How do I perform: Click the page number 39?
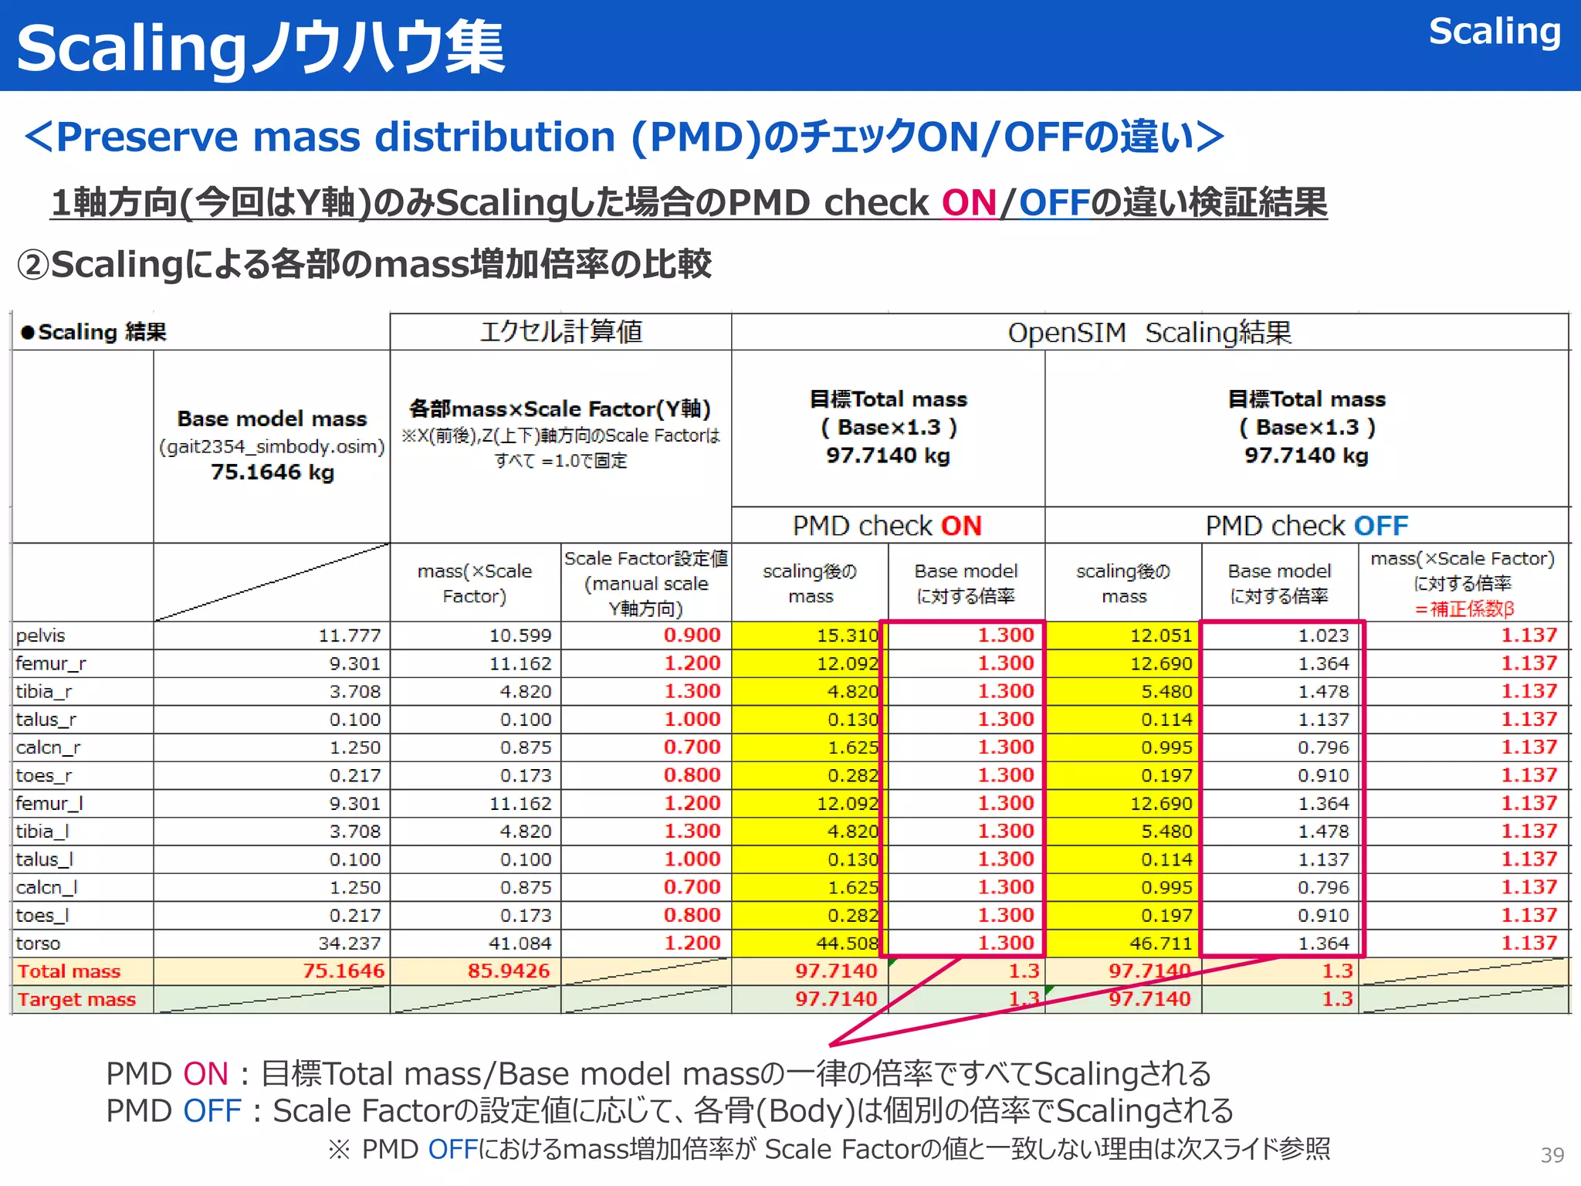click(x=1552, y=1155)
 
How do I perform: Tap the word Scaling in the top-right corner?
click(x=1495, y=32)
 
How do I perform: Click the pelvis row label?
click(x=41, y=635)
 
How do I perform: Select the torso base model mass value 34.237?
click(x=350, y=944)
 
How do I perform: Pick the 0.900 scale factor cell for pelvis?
click(x=692, y=635)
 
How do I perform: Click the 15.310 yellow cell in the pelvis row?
click(x=848, y=635)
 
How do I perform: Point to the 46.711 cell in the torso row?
click(x=1161, y=944)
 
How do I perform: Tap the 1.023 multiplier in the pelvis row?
click(x=1323, y=635)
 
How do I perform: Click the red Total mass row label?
click(x=69, y=971)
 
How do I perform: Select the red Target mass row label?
click(x=76, y=999)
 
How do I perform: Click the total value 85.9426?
click(x=509, y=971)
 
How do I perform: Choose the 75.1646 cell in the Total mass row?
click(x=343, y=971)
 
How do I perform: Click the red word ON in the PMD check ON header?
click(x=961, y=526)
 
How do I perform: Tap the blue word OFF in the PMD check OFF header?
click(x=1381, y=526)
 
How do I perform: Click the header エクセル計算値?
click(x=561, y=331)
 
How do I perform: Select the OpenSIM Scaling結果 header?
click(x=1149, y=333)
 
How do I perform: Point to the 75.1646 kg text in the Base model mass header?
click(x=273, y=472)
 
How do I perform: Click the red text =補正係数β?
click(x=1464, y=608)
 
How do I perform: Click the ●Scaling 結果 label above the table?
click(x=93, y=332)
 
